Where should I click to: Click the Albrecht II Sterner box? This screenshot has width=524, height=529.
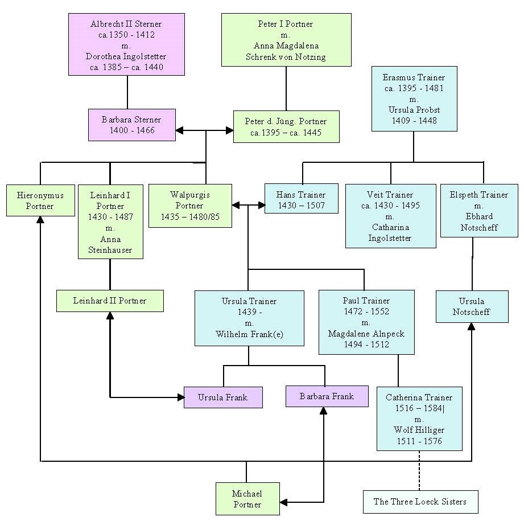126,44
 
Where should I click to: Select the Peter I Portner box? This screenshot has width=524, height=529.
286,40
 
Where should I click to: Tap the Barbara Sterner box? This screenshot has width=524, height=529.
132,125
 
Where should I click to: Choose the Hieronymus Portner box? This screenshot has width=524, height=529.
40,200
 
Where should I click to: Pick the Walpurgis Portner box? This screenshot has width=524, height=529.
190,206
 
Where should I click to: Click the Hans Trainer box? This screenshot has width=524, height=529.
302,199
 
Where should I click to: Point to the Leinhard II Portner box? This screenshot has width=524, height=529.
110,301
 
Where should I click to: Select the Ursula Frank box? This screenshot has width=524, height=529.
223,397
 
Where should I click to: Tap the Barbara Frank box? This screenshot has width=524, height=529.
327,396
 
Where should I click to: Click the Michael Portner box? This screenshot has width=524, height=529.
247,499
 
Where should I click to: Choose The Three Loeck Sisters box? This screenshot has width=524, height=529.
420,502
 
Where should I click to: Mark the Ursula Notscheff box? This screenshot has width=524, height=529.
472,307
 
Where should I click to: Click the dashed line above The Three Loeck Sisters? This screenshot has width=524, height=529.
419,471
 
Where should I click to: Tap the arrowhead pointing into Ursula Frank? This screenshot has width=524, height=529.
181,397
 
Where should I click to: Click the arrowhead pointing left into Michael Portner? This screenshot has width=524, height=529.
283,502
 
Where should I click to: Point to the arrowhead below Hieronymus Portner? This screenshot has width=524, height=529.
40,220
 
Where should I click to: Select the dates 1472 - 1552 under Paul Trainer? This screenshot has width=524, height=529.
366,311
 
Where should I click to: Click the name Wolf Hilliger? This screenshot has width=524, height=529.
419,430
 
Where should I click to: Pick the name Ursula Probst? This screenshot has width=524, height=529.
414,110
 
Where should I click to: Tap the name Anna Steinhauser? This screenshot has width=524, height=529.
110,245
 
